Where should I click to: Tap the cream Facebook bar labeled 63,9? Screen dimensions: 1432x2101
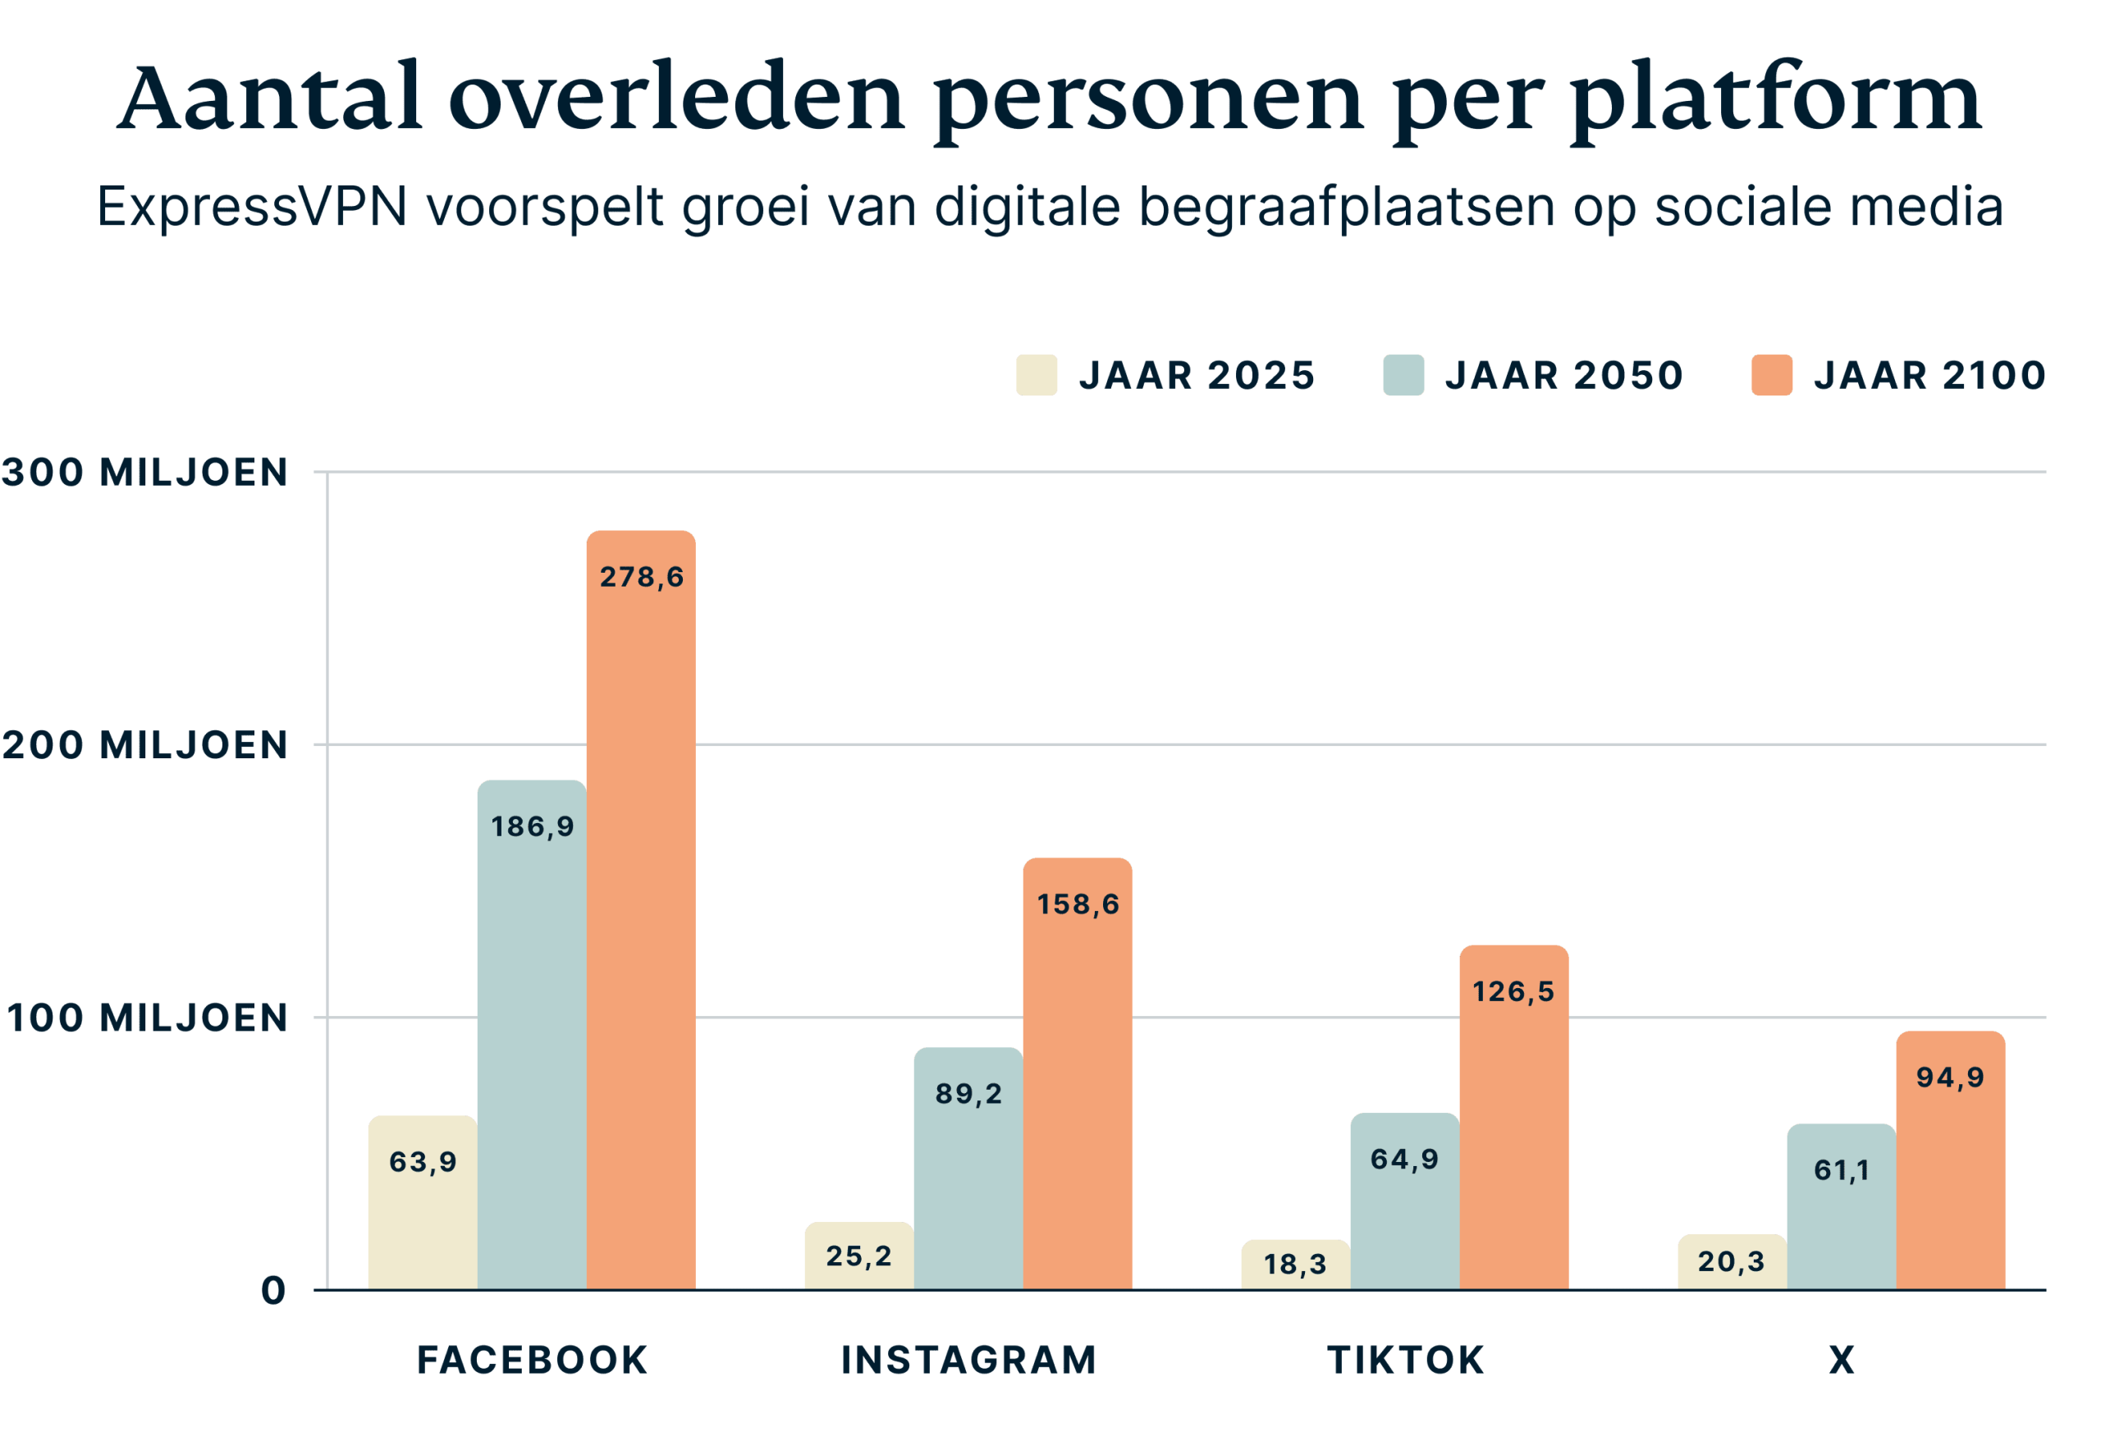coord(422,1201)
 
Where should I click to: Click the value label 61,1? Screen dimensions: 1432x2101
coord(1842,1170)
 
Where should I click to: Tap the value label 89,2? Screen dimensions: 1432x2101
coord(968,1093)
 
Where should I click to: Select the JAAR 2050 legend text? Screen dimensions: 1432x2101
coord(1564,375)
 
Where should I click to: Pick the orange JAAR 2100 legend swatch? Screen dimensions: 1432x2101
coord(1772,375)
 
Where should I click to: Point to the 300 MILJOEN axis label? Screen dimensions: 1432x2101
coord(144,472)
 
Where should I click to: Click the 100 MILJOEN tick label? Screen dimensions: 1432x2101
coord(146,1018)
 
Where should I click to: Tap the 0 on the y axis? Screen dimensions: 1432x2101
coord(273,1290)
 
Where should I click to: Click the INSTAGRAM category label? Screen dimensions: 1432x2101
coord(968,1360)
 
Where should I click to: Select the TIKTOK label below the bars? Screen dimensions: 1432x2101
coord(1405,1360)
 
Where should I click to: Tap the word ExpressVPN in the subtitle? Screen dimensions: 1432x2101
coord(252,207)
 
